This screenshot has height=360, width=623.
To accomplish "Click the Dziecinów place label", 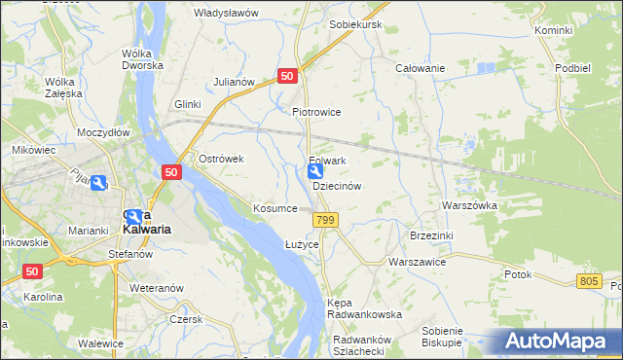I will click(x=337, y=186).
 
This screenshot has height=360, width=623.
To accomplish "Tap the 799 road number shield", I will click(x=326, y=222).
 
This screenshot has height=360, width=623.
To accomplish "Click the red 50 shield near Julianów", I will click(x=287, y=76).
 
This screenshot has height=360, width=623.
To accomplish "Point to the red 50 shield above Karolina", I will click(x=34, y=272).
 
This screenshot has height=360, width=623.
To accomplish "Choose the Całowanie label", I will click(x=420, y=69).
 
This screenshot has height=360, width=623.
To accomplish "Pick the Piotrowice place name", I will click(x=316, y=112).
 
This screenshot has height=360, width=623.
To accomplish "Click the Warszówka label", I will click(x=469, y=206).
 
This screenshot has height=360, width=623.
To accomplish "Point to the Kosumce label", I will click(x=275, y=209).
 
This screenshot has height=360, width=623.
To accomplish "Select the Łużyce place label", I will click(x=302, y=243).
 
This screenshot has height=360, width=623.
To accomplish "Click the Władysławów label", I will click(x=226, y=13).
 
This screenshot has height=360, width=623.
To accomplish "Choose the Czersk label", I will click(x=184, y=319).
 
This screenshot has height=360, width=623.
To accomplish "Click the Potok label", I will click(x=518, y=274).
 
